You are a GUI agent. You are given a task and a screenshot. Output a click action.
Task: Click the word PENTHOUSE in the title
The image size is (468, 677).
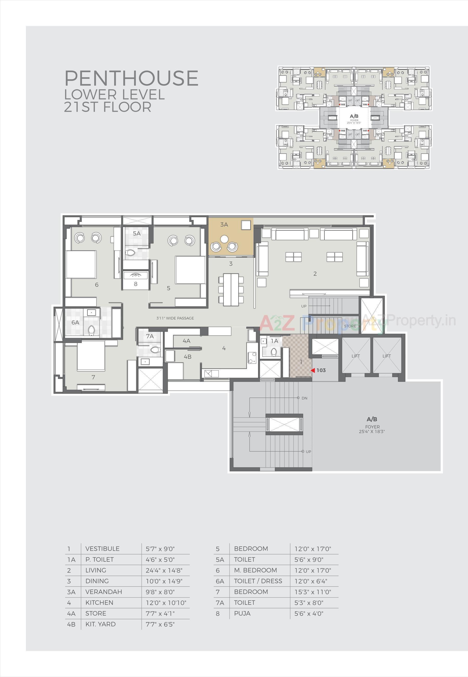(x=131, y=78)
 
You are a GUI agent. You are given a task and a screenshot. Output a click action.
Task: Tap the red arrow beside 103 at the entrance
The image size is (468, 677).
(x=313, y=370)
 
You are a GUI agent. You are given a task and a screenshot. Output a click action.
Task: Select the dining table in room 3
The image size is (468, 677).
(x=231, y=289)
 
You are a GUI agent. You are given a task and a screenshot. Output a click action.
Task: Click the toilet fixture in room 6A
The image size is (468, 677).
(x=91, y=330)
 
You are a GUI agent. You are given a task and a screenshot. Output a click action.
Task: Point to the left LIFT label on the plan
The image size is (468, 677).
(x=355, y=356)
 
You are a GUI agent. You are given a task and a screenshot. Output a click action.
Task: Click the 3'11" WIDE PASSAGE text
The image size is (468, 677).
(x=175, y=318)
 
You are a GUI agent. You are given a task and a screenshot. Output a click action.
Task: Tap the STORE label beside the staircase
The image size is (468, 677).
(x=350, y=326)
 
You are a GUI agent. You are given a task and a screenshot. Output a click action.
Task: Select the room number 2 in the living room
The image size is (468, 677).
(x=315, y=274)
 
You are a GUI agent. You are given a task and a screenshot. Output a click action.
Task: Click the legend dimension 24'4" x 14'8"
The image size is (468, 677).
(x=164, y=571)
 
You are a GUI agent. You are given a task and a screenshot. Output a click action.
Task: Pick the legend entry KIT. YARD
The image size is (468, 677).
(x=100, y=624)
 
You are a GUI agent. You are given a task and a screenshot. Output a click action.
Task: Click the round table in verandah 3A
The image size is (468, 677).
(x=224, y=239)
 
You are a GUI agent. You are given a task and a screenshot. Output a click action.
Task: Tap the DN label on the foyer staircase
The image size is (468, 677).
(x=304, y=398)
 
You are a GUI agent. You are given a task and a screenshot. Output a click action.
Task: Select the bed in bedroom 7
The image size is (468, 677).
(x=91, y=355)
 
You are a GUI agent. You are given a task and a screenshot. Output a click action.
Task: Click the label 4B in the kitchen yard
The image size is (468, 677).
(x=187, y=357)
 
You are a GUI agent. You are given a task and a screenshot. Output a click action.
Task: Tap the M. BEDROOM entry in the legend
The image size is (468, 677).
(x=255, y=570)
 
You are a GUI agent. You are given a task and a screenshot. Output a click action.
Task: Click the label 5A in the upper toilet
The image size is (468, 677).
(x=137, y=234)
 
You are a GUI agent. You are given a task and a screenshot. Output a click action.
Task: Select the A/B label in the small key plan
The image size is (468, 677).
(x=354, y=116)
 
